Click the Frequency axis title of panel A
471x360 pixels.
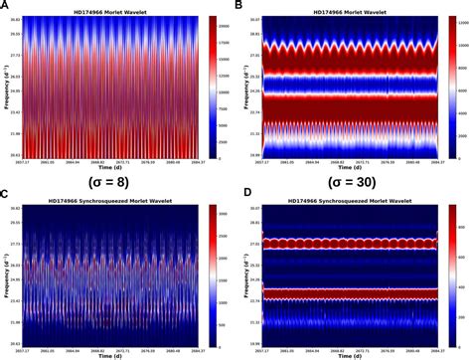[x=6, y=87]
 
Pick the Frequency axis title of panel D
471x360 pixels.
[x=242, y=273]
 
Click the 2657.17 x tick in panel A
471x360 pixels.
[x=31, y=163]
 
